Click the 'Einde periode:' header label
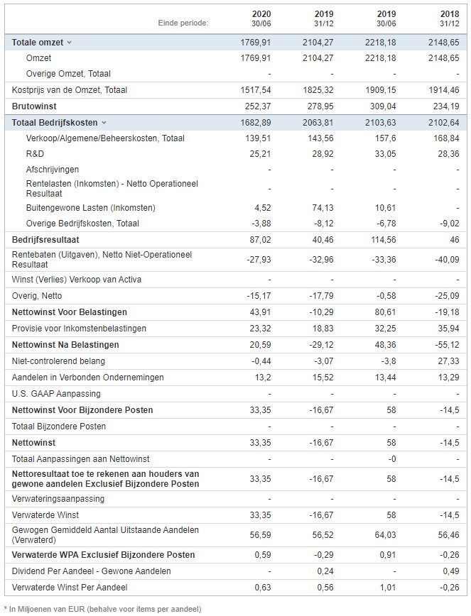[183, 23]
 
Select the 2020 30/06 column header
[261, 18]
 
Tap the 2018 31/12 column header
[450, 18]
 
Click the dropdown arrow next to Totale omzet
[69, 43]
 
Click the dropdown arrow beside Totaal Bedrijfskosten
[104, 123]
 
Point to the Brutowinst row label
[34, 106]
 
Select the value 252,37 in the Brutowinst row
[256, 106]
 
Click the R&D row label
[35, 153]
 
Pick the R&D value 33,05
[385, 153]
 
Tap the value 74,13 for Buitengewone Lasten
[323, 207]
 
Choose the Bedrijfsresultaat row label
[45, 240]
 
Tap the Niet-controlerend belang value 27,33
[448, 361]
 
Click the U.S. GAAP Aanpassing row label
[56, 394]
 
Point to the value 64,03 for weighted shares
[385, 534]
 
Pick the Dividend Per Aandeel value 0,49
[451, 571]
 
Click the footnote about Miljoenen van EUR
[103, 609]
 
